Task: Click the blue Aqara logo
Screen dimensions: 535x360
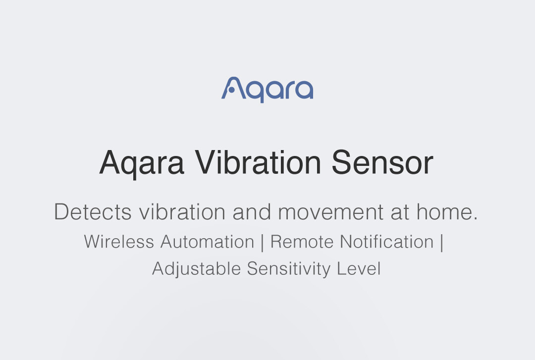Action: tap(267, 90)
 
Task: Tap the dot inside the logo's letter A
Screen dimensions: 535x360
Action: tap(231, 90)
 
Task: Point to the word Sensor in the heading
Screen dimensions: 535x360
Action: tap(382, 162)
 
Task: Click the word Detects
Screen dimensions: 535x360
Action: tap(93, 212)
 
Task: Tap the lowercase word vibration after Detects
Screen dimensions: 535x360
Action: tap(182, 212)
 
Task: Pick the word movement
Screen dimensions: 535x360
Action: tap(331, 212)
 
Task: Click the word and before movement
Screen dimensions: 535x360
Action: tap(252, 212)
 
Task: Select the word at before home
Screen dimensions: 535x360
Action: tap(400, 212)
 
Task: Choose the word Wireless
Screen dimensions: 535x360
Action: tap(119, 242)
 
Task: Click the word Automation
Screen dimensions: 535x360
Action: tap(208, 242)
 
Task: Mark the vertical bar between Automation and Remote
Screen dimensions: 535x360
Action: tap(263, 242)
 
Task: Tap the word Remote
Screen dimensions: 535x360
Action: tap(302, 242)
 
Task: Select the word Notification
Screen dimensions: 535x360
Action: tap(387, 242)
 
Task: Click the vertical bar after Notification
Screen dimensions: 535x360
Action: tap(442, 242)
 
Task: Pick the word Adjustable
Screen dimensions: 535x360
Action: tap(197, 268)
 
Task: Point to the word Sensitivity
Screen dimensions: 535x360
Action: tap(289, 268)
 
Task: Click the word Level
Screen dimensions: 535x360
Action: tap(359, 268)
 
